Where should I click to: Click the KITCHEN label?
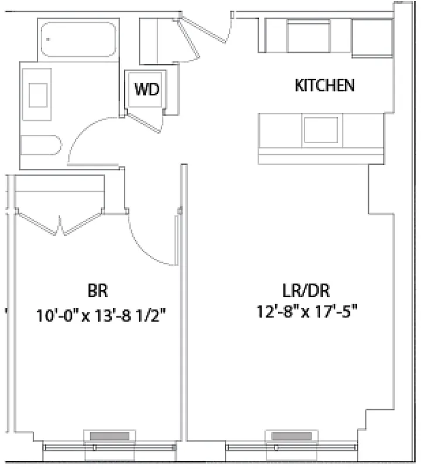click(x=325, y=86)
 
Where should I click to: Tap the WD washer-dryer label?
click(x=147, y=89)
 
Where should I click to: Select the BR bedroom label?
click(x=98, y=290)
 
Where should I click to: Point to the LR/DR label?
click(x=306, y=290)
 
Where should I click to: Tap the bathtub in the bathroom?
click(x=78, y=39)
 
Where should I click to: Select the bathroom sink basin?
click(x=38, y=94)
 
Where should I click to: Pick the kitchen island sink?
click(x=320, y=130)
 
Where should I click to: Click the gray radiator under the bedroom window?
click(x=109, y=436)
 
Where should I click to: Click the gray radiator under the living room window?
click(x=290, y=436)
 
